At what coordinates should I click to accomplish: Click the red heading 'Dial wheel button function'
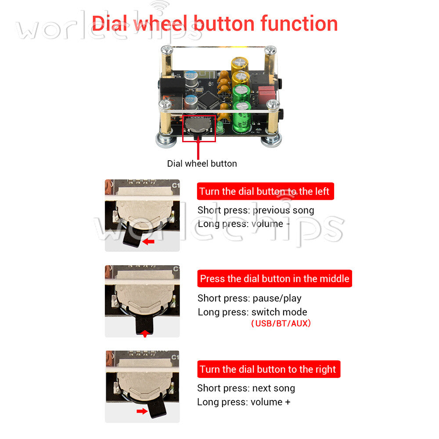tap(215, 24)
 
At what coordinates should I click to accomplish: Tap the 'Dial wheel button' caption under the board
tap(202, 163)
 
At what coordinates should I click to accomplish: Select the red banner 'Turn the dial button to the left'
tap(266, 191)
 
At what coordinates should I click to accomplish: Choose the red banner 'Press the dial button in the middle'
tap(275, 279)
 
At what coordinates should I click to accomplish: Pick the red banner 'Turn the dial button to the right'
tap(269, 369)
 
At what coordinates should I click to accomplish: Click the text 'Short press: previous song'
tap(256, 210)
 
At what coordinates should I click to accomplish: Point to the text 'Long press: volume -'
tap(244, 224)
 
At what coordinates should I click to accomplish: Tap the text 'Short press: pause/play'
tap(249, 299)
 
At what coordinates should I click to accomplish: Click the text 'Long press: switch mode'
tap(252, 312)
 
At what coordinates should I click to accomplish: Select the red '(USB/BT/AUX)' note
tap(281, 324)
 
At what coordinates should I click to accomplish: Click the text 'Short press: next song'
tap(246, 389)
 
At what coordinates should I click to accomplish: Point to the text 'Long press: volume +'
tap(244, 402)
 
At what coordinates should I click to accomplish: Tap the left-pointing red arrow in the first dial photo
tap(148, 241)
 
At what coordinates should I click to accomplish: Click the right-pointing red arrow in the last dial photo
tap(142, 411)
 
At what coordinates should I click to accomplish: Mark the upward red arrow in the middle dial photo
tap(144, 334)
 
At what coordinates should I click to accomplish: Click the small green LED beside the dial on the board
tap(220, 127)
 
